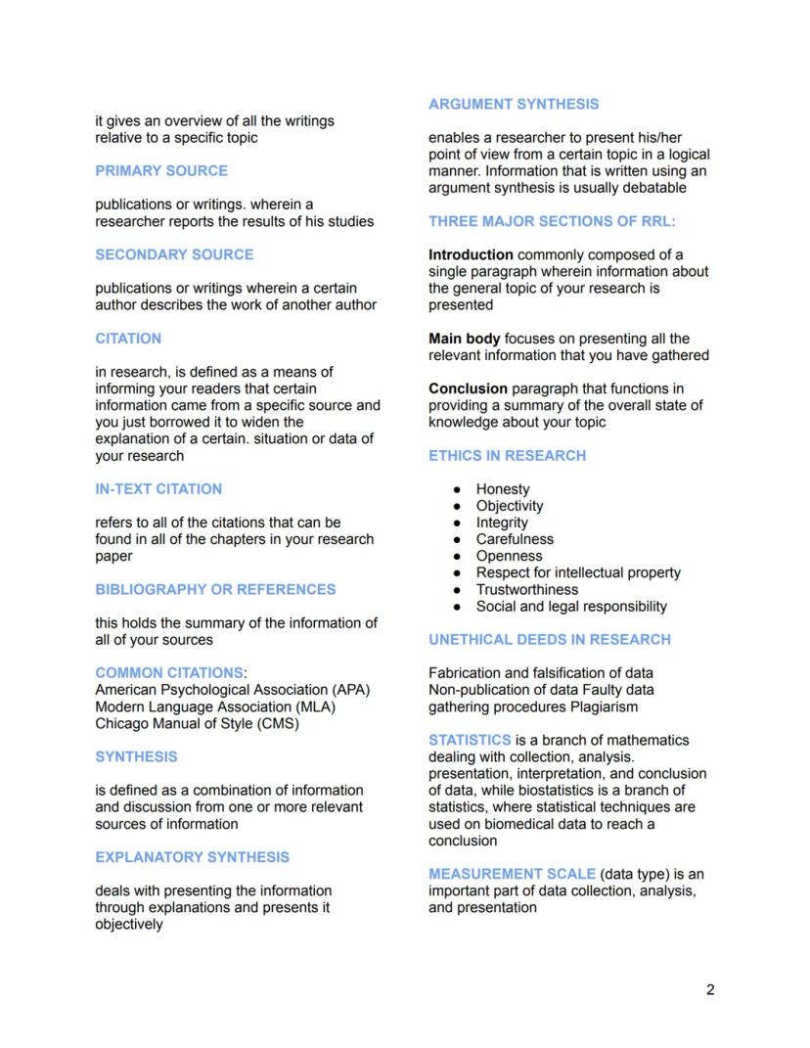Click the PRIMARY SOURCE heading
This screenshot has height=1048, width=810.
(161, 170)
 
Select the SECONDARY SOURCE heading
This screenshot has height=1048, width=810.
(174, 254)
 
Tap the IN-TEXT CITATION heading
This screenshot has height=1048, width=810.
(158, 488)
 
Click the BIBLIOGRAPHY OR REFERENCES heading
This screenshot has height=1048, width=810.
(215, 589)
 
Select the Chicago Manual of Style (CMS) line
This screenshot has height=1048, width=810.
(197, 723)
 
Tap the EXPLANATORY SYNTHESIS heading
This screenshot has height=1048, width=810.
(192, 856)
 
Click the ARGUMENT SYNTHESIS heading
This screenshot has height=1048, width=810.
(514, 104)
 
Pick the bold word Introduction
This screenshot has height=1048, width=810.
(471, 254)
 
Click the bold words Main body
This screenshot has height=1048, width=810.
(464, 339)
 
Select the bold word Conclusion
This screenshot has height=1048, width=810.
(468, 388)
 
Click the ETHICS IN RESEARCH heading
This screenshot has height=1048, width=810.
(507, 455)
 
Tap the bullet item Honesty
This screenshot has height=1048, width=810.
(503, 489)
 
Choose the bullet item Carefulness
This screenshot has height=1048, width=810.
(515, 539)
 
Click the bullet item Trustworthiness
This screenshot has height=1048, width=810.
(526, 589)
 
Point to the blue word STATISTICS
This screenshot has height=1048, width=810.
(470, 740)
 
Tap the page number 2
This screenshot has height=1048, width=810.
(710, 989)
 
